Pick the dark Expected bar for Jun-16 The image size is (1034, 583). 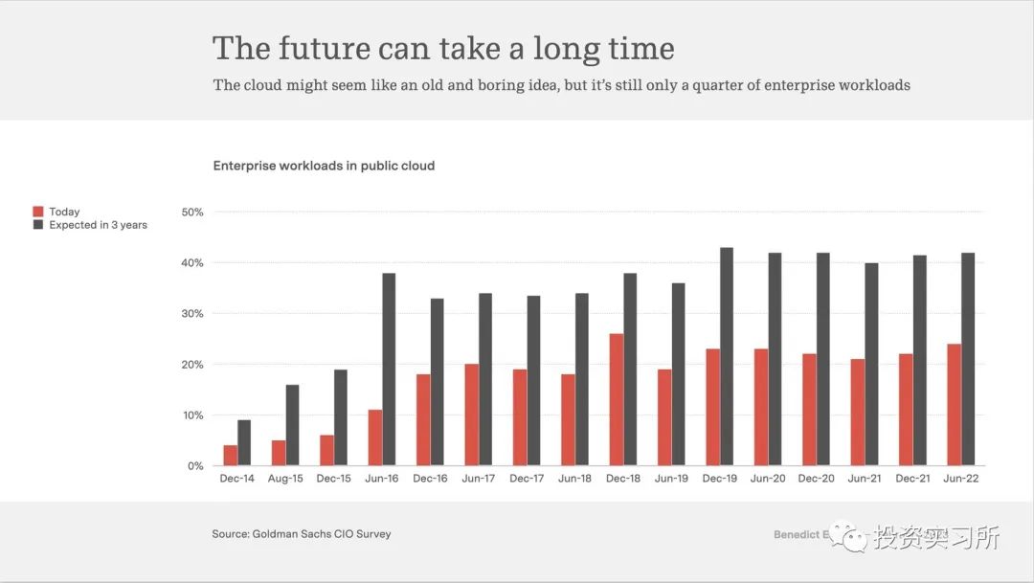pyautogui.click(x=389, y=370)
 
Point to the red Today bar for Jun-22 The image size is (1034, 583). pyautogui.click(x=954, y=405)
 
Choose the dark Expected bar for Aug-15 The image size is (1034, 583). pyautogui.click(x=293, y=425)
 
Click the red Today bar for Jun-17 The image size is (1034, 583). pyautogui.click(x=472, y=415)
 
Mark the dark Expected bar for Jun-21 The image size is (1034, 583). pyautogui.click(x=871, y=365)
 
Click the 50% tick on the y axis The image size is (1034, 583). pyautogui.click(x=192, y=212)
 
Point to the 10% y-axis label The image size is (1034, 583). pyautogui.click(x=192, y=415)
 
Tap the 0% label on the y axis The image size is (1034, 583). pyautogui.click(x=195, y=466)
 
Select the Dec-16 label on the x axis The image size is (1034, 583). pyautogui.click(x=429, y=479)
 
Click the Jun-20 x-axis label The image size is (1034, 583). pyautogui.click(x=767, y=479)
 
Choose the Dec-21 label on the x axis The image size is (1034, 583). pyautogui.click(x=911, y=479)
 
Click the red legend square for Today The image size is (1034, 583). pyautogui.click(x=38, y=212)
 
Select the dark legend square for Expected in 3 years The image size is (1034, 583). pyautogui.click(x=38, y=225)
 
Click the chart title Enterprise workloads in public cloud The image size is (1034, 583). pyautogui.click(x=324, y=166)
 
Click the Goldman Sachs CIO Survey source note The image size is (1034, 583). pyautogui.click(x=302, y=534)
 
